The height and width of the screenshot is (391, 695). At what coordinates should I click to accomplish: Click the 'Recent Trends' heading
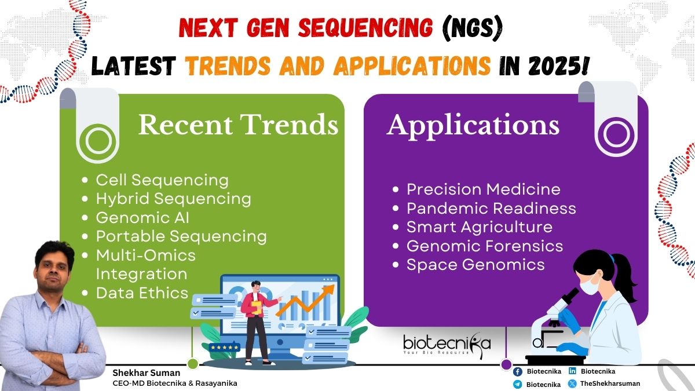click(238, 125)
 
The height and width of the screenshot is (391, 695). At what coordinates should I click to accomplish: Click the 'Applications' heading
click(473, 126)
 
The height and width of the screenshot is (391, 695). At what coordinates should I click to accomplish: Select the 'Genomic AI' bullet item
click(142, 218)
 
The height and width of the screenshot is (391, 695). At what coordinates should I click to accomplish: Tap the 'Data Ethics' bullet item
click(142, 293)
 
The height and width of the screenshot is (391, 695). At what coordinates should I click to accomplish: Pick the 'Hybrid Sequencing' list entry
click(173, 199)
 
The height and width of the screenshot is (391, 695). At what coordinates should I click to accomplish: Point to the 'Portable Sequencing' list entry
click(181, 236)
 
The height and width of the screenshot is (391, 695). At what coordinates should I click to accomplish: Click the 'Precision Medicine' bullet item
click(484, 189)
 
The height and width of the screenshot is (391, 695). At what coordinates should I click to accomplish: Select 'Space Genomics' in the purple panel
click(475, 265)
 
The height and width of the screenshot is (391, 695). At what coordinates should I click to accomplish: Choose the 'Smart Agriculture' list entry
click(480, 227)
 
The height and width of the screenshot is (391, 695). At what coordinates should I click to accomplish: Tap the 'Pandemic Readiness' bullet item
click(491, 208)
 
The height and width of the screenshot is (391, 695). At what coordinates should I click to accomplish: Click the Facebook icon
click(518, 371)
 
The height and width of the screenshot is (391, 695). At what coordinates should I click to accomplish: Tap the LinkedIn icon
click(572, 371)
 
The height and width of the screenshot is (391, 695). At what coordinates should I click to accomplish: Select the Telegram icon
click(518, 384)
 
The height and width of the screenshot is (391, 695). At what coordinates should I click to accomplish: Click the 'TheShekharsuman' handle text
click(610, 383)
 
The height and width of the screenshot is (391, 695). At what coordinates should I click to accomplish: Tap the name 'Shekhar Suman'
click(146, 372)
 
